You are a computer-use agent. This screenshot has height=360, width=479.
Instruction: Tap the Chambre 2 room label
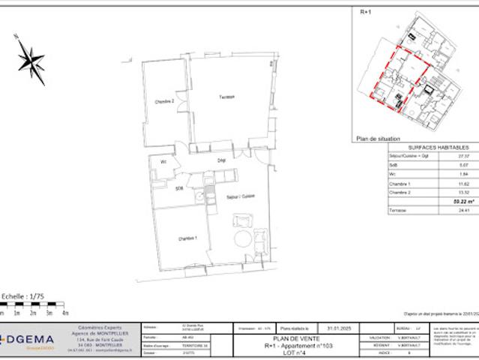point(164,101)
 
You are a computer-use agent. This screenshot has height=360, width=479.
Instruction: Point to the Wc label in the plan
point(163,161)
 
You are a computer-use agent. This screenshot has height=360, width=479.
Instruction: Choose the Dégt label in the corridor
point(222,161)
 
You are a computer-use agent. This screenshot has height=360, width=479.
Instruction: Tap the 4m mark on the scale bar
point(65,311)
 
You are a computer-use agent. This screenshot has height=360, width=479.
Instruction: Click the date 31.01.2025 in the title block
point(334,328)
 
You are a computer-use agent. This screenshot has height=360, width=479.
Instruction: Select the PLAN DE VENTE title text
point(297,339)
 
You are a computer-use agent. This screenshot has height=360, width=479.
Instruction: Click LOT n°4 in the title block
point(297,352)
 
